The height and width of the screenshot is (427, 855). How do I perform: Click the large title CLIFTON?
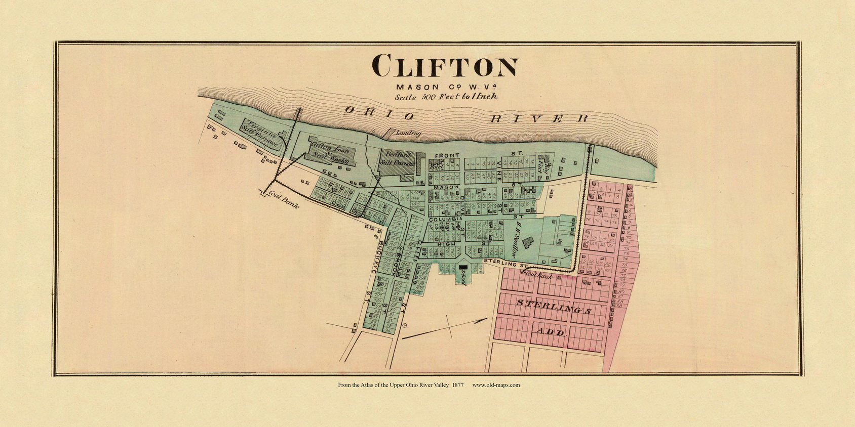(x=445, y=67)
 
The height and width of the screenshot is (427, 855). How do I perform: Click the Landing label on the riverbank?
(x=408, y=133)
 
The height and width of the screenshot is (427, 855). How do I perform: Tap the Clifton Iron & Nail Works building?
(x=329, y=151)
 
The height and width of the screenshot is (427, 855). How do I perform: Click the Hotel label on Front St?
(x=436, y=165)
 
